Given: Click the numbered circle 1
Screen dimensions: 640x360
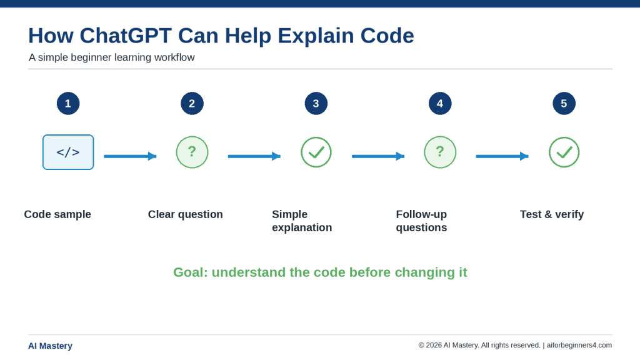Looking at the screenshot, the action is pyautogui.click(x=68, y=103).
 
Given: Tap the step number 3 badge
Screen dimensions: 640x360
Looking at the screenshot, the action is pyautogui.click(x=316, y=103).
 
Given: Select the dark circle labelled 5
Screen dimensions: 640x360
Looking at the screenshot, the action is pyautogui.click(x=564, y=103).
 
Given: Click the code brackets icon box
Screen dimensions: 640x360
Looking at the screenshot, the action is pyautogui.click(x=68, y=152).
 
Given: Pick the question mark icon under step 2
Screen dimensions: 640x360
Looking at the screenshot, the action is pyautogui.click(x=192, y=152).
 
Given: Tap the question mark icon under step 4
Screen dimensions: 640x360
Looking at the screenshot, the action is pyautogui.click(x=440, y=152).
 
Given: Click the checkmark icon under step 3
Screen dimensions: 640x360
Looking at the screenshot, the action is pyautogui.click(x=316, y=152).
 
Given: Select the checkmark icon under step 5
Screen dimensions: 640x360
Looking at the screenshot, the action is pyautogui.click(x=564, y=152).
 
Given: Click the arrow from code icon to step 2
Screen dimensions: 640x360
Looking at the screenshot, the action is pyautogui.click(x=130, y=156).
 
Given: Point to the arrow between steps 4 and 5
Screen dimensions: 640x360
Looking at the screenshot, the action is pyautogui.click(x=502, y=156).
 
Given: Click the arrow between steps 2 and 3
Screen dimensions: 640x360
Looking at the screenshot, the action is pyautogui.click(x=254, y=156).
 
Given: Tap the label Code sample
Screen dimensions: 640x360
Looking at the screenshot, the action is pyautogui.click(x=57, y=215).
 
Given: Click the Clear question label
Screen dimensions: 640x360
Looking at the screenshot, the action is pyautogui.click(x=185, y=215).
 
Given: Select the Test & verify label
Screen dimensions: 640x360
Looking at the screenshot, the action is pyautogui.click(x=552, y=215).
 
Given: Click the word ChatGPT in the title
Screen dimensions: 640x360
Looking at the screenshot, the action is pyautogui.click(x=126, y=36).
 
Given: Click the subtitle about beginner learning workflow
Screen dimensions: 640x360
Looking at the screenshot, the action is pyautogui.click(x=111, y=57).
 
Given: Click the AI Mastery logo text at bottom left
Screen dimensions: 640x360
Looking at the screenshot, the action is pyautogui.click(x=50, y=346).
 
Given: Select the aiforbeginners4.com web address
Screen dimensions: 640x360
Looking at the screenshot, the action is pyautogui.click(x=579, y=345).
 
